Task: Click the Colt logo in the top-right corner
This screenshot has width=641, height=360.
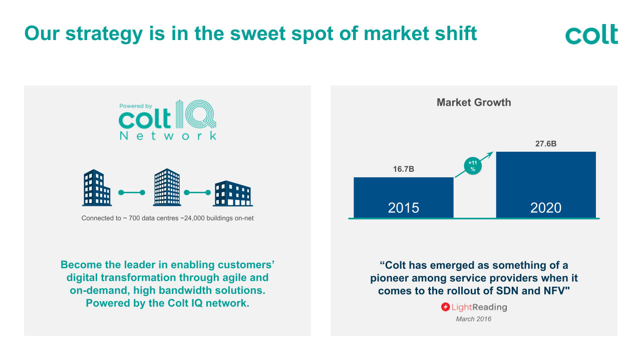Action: tap(591, 35)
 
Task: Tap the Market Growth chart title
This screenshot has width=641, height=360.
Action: tap(474, 103)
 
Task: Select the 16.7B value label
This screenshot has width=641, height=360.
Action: tap(404, 169)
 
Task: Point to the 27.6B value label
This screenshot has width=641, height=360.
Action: tap(546, 144)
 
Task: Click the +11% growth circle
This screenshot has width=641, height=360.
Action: tap(473, 166)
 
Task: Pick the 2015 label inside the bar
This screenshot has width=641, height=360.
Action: tap(404, 208)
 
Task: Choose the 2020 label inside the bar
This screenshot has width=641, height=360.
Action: tap(546, 208)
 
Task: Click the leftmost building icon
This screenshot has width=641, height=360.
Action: tap(97, 188)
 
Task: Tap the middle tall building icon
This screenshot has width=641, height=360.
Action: tap(167, 187)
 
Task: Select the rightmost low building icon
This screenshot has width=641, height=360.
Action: tap(233, 193)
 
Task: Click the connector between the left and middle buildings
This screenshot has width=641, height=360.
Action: tap(132, 193)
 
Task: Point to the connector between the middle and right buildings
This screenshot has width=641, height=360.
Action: tap(197, 193)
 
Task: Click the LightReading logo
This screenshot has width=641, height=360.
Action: tap(474, 307)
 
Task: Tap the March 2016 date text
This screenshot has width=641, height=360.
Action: tap(474, 319)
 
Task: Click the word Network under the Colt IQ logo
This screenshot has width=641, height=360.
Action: tap(168, 136)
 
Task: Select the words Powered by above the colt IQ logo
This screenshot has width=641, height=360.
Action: tap(136, 106)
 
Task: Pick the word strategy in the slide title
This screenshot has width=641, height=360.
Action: tap(104, 34)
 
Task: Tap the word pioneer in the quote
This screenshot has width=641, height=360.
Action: tap(390, 278)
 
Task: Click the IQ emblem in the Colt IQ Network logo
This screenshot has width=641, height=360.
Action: tap(196, 114)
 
